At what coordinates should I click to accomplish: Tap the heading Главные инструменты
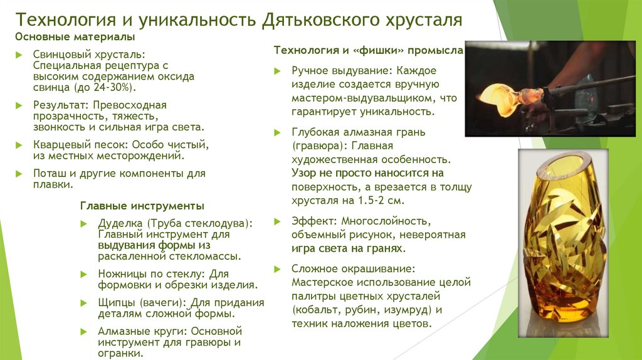point(142,206)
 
